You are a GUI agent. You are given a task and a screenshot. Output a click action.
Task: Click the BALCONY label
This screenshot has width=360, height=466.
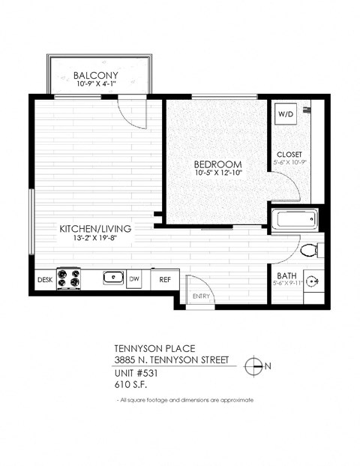point(97,74)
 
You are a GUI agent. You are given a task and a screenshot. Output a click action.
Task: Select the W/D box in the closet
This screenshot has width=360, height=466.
point(286,114)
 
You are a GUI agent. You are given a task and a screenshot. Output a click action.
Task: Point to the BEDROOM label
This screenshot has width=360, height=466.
point(217,164)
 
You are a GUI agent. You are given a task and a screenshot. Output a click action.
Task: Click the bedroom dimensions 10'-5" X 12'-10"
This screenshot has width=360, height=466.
point(217,173)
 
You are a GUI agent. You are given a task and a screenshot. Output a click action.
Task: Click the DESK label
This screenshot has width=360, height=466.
point(44,280)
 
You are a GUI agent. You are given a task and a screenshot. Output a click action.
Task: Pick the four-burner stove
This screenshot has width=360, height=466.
point(69,279)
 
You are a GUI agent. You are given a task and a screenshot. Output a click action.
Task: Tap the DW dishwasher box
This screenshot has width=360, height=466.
point(135,280)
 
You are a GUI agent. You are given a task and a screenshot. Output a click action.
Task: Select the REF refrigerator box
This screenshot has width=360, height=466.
point(163,280)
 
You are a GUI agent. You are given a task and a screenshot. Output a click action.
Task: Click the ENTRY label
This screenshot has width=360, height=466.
point(201,296)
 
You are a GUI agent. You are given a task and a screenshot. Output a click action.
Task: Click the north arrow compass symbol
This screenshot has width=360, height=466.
point(256,366)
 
